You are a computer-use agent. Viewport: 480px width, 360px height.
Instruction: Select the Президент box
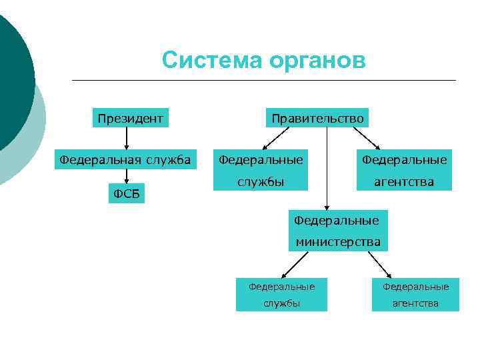point(130,119)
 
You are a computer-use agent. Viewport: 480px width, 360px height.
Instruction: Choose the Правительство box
point(317,119)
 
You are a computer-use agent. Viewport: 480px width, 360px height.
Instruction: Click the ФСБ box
point(126,194)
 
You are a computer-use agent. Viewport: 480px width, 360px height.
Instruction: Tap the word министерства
point(338,242)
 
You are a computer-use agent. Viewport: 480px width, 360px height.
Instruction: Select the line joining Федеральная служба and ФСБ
point(126,177)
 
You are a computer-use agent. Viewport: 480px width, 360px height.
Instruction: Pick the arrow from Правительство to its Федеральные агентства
point(366,139)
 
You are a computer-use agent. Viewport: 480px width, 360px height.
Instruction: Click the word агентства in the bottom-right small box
point(415,303)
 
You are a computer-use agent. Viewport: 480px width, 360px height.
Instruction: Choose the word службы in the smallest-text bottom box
point(281,303)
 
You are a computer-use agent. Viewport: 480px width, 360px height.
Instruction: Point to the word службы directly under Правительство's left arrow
point(261,181)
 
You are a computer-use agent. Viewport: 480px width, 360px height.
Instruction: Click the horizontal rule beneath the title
point(263,81)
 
